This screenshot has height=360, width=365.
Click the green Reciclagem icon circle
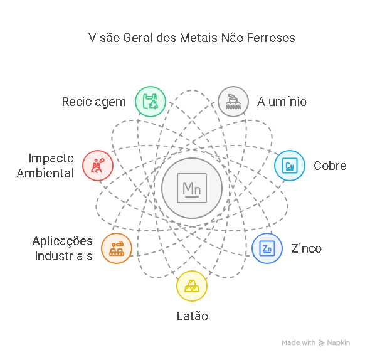(151, 102)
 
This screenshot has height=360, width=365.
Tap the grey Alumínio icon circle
(233, 102)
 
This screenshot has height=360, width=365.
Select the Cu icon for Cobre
(290, 166)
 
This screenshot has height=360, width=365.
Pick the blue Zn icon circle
(267, 248)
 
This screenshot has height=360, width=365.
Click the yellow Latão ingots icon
(192, 286)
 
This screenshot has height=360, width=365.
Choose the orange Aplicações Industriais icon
(117, 248)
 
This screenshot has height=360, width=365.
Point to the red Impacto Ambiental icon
(98, 166)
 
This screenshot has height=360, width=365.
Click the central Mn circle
(192, 188)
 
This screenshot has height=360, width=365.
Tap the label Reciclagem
(94, 102)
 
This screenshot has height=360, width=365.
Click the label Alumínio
(282, 102)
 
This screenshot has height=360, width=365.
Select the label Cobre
(330, 166)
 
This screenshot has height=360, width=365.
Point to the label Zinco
(306, 248)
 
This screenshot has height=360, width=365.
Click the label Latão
(193, 316)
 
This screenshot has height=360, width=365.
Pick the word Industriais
(64, 256)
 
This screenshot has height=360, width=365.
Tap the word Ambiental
(45, 173)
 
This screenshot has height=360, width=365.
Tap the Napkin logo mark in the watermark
(322, 343)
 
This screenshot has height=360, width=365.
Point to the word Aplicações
(62, 241)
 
